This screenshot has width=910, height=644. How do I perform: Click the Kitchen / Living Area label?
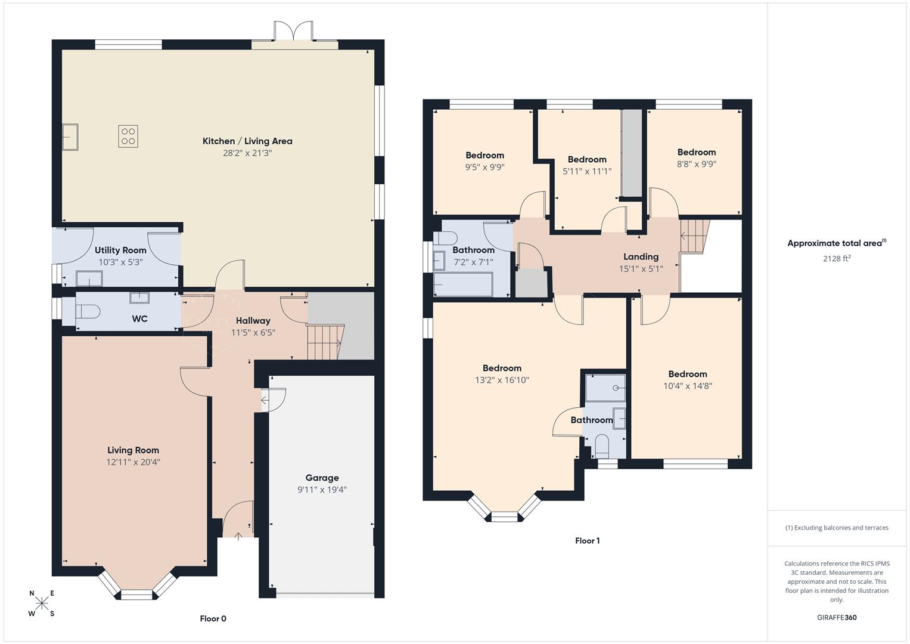click(x=247, y=141)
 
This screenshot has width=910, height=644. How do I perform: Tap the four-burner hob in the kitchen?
click(x=128, y=137)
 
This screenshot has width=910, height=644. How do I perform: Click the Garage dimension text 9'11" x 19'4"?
click(x=322, y=490)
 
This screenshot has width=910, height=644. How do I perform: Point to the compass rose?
click(x=42, y=603)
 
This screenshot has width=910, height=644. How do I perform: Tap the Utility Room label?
click(x=120, y=250)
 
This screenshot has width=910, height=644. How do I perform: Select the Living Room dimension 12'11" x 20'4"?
click(x=133, y=462)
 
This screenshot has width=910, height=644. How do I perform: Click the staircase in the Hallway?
click(x=325, y=342)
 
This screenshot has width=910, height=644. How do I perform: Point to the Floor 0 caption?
click(x=213, y=619)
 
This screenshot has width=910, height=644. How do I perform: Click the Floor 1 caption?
click(x=587, y=541)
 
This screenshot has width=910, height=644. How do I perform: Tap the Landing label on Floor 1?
click(x=641, y=257)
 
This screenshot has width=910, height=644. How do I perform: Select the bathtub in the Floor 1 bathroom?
click(x=463, y=284)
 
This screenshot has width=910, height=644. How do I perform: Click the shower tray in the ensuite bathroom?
click(x=605, y=388)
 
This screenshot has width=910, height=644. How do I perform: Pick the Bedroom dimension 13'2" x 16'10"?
click(x=502, y=380)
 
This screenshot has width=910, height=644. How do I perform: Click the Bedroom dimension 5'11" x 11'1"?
click(x=587, y=171)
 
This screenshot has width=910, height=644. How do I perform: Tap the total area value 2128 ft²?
click(x=836, y=258)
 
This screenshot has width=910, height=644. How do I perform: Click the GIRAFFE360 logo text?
click(x=836, y=617)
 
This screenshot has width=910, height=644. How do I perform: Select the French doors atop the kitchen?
click(x=293, y=32)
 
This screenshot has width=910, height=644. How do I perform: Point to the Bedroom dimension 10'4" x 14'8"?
click(x=687, y=386)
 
